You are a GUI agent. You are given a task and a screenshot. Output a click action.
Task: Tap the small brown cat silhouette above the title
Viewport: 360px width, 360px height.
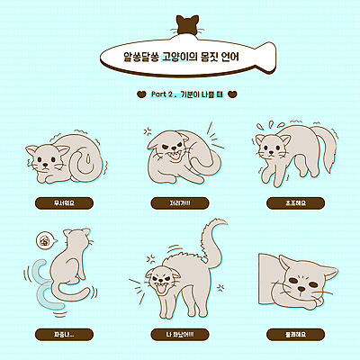(x=188, y=23)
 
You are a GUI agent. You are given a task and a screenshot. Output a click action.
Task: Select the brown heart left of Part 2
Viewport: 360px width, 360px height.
(x=140, y=93)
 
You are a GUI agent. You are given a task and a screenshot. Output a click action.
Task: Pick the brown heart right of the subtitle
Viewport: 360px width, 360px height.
(x=232, y=93)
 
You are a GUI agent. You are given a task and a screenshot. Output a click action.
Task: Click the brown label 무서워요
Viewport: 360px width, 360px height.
(x=64, y=202)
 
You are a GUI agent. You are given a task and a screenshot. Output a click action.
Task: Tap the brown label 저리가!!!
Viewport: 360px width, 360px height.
(x=180, y=202)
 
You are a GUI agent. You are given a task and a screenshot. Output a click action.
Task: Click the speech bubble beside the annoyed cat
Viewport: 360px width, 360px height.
(x=45, y=240)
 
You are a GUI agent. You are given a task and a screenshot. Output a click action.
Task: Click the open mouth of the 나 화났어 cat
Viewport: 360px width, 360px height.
(x=164, y=290)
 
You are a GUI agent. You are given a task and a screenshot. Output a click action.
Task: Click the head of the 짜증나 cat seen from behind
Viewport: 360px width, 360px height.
(x=79, y=241)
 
